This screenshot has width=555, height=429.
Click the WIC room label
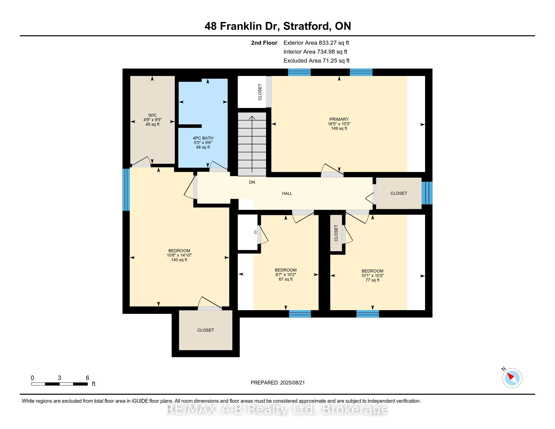pyautogui.click(x=152, y=115)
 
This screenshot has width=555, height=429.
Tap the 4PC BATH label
pyautogui.click(x=203, y=138)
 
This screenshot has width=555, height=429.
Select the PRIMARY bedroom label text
pyautogui.click(x=339, y=119)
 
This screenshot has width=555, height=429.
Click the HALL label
pyautogui.click(x=287, y=194)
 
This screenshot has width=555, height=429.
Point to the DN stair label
pyautogui.click(x=252, y=182)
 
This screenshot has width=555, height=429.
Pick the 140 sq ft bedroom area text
pyautogui.click(x=179, y=260)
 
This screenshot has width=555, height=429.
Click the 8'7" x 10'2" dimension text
pyautogui.click(x=286, y=275)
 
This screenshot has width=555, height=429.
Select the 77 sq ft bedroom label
pyautogui.click(x=372, y=280)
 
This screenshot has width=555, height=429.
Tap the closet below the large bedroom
pyautogui.click(x=206, y=330)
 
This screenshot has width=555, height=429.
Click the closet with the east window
pyautogui.click(x=398, y=193)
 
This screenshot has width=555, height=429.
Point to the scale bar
pyautogui.click(x=60, y=384)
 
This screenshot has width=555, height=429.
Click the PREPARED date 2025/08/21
pyautogui.click(x=277, y=383)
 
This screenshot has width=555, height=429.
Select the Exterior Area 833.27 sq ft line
pyautogui.click(x=316, y=43)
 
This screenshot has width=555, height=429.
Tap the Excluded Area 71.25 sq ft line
pyautogui.click(x=316, y=61)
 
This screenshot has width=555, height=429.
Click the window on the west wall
pyautogui.click(x=126, y=190)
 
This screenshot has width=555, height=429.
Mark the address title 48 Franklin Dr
pyautogui.click(x=277, y=26)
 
